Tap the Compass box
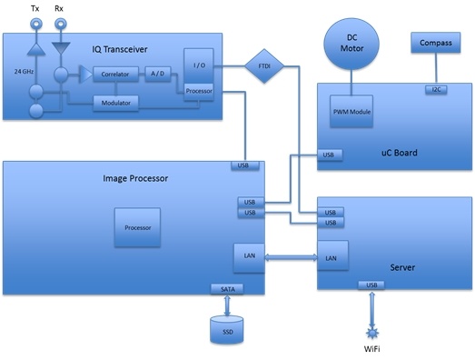click(438, 43)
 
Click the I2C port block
click(437, 88)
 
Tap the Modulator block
click(115, 103)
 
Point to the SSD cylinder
click(227, 330)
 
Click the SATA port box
click(226, 288)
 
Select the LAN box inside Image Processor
click(249, 256)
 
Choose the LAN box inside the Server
click(330, 258)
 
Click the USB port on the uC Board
click(330, 155)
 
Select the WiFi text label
click(371, 349)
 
